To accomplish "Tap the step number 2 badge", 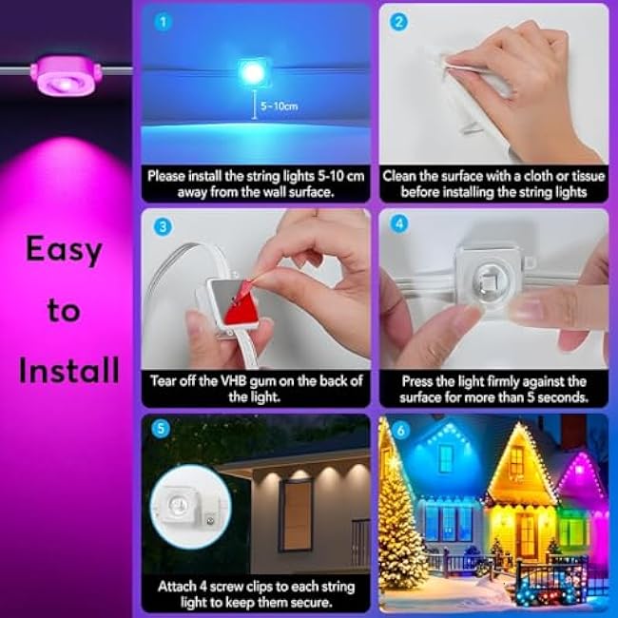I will pyautogui.click(x=397, y=20).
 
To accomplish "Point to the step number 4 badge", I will pyautogui.click(x=397, y=226).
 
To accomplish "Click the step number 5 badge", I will pyautogui.click(x=160, y=429).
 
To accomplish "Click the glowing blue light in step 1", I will pyautogui.click(x=252, y=71).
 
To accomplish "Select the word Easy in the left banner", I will pyautogui.click(x=64, y=250).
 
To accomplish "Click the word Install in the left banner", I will pyautogui.click(x=68, y=370).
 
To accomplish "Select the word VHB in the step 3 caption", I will pyautogui.click(x=241, y=380).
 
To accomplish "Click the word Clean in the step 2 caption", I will pyautogui.click(x=403, y=176).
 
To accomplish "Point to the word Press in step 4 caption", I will pyautogui.click(x=418, y=380).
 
